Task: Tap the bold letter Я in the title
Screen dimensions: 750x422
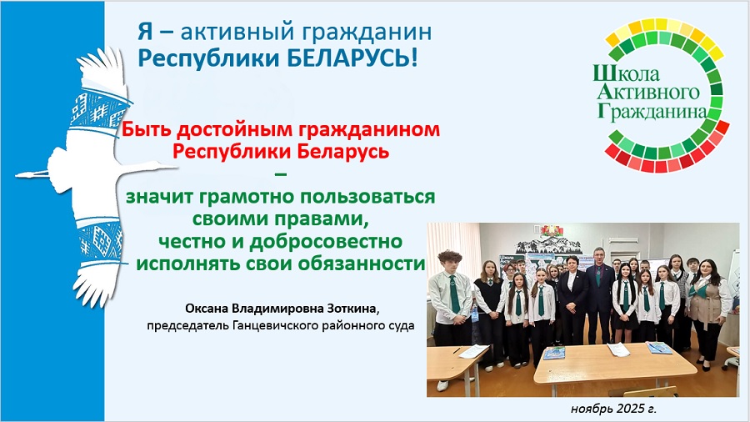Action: pyautogui.click(x=145, y=32)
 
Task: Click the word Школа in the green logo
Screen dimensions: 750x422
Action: pyautogui.click(x=626, y=73)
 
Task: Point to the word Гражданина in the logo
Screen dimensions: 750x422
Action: pyautogui.click(x=652, y=111)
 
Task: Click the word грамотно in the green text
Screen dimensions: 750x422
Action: pyautogui.click(x=241, y=197)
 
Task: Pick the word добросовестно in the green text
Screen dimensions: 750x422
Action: pyautogui.click(x=326, y=241)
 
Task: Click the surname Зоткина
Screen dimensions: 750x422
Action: pyautogui.click(x=353, y=309)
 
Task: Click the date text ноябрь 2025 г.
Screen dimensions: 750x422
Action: pyautogui.click(x=613, y=409)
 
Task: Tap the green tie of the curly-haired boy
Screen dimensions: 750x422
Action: pyautogui.click(x=453, y=294)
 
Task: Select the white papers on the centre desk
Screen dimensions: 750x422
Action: pyautogui.click(x=619, y=349)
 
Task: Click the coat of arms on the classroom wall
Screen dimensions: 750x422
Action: pyautogui.click(x=552, y=230)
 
